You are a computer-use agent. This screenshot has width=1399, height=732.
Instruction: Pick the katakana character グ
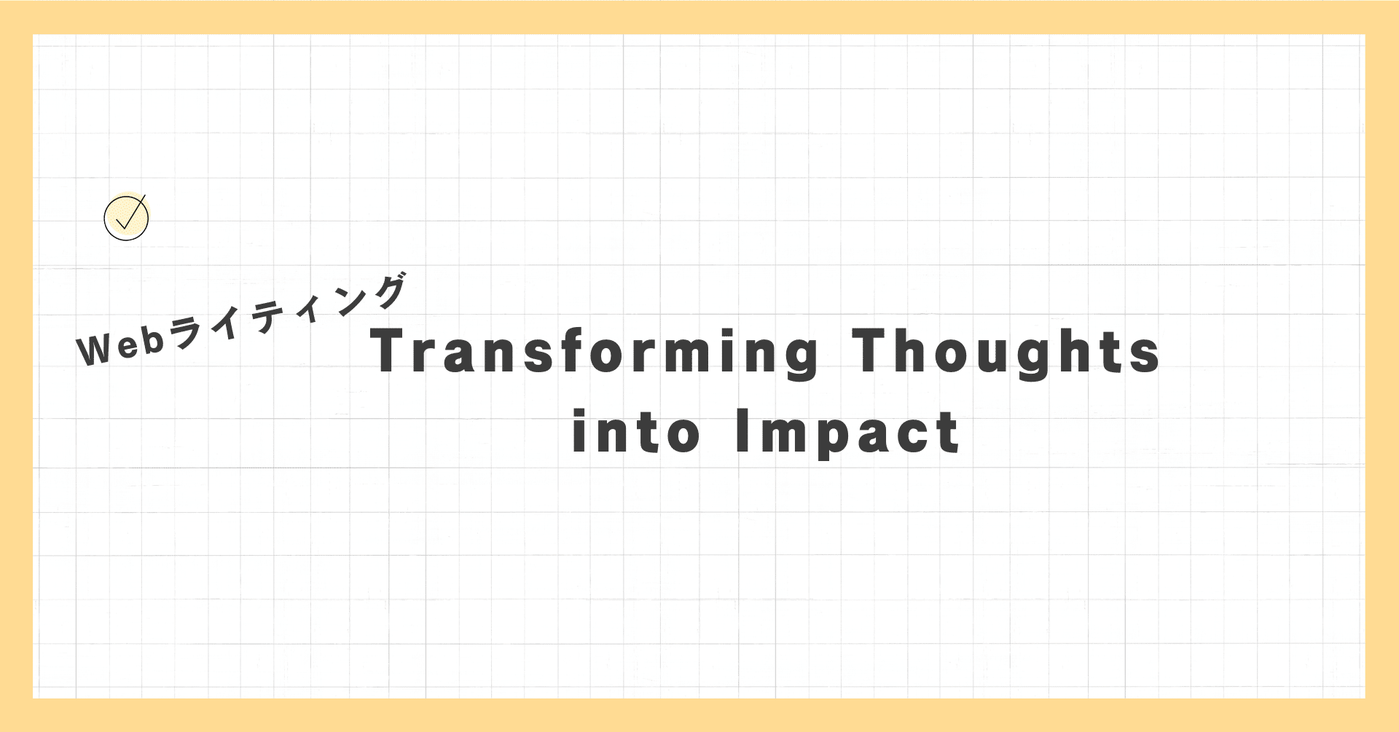point(386,292)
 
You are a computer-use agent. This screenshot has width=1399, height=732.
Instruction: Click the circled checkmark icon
point(127,217)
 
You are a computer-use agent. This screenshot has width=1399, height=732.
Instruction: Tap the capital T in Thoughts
point(871,350)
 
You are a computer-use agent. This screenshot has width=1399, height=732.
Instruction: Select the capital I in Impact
point(742,430)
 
